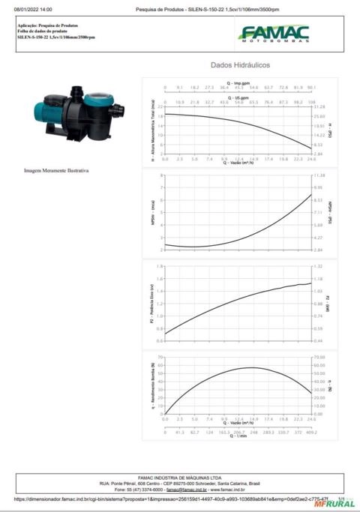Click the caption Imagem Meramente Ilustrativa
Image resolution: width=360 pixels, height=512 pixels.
(56, 170)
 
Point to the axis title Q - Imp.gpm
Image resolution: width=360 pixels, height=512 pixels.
(238, 83)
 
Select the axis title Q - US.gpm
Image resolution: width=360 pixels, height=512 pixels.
(238, 97)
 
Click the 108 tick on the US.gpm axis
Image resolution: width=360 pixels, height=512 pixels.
(310, 102)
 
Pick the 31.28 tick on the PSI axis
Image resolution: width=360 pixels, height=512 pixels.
(319, 107)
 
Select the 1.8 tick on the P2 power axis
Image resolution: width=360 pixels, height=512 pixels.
(160, 266)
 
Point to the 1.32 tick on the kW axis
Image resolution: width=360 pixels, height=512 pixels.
(319, 266)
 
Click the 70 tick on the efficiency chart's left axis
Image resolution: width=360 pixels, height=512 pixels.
(160, 357)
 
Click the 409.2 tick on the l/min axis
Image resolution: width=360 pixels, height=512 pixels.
(310, 433)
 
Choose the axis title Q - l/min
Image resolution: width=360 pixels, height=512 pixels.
(238, 437)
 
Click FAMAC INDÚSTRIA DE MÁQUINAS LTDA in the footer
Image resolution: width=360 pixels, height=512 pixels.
(179, 477)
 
